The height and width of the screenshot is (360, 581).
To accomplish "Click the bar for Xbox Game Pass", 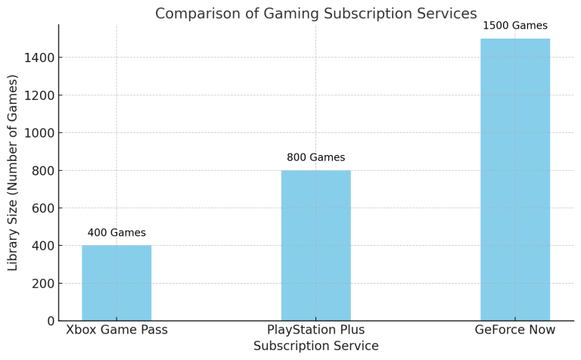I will click(117, 282).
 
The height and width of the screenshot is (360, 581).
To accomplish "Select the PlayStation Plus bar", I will click(315, 245).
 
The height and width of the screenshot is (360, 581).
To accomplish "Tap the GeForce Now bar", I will click(514, 179).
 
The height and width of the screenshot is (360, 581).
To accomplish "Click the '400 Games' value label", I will click(117, 233).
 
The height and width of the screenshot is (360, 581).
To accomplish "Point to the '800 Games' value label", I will click(315, 157).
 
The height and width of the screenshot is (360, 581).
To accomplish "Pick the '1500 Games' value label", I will click(514, 26).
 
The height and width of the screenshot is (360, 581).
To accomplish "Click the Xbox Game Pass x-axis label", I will click(117, 330).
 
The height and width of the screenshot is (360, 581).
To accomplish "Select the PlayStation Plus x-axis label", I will click(315, 330).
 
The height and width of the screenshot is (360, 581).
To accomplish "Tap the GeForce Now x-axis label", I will click(514, 330).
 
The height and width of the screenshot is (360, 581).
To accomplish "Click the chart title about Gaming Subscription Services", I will click(315, 14).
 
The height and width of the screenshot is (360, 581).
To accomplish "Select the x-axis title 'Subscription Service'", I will click(315, 346).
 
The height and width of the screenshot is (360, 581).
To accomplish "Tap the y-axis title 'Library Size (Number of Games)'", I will click(13, 172).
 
